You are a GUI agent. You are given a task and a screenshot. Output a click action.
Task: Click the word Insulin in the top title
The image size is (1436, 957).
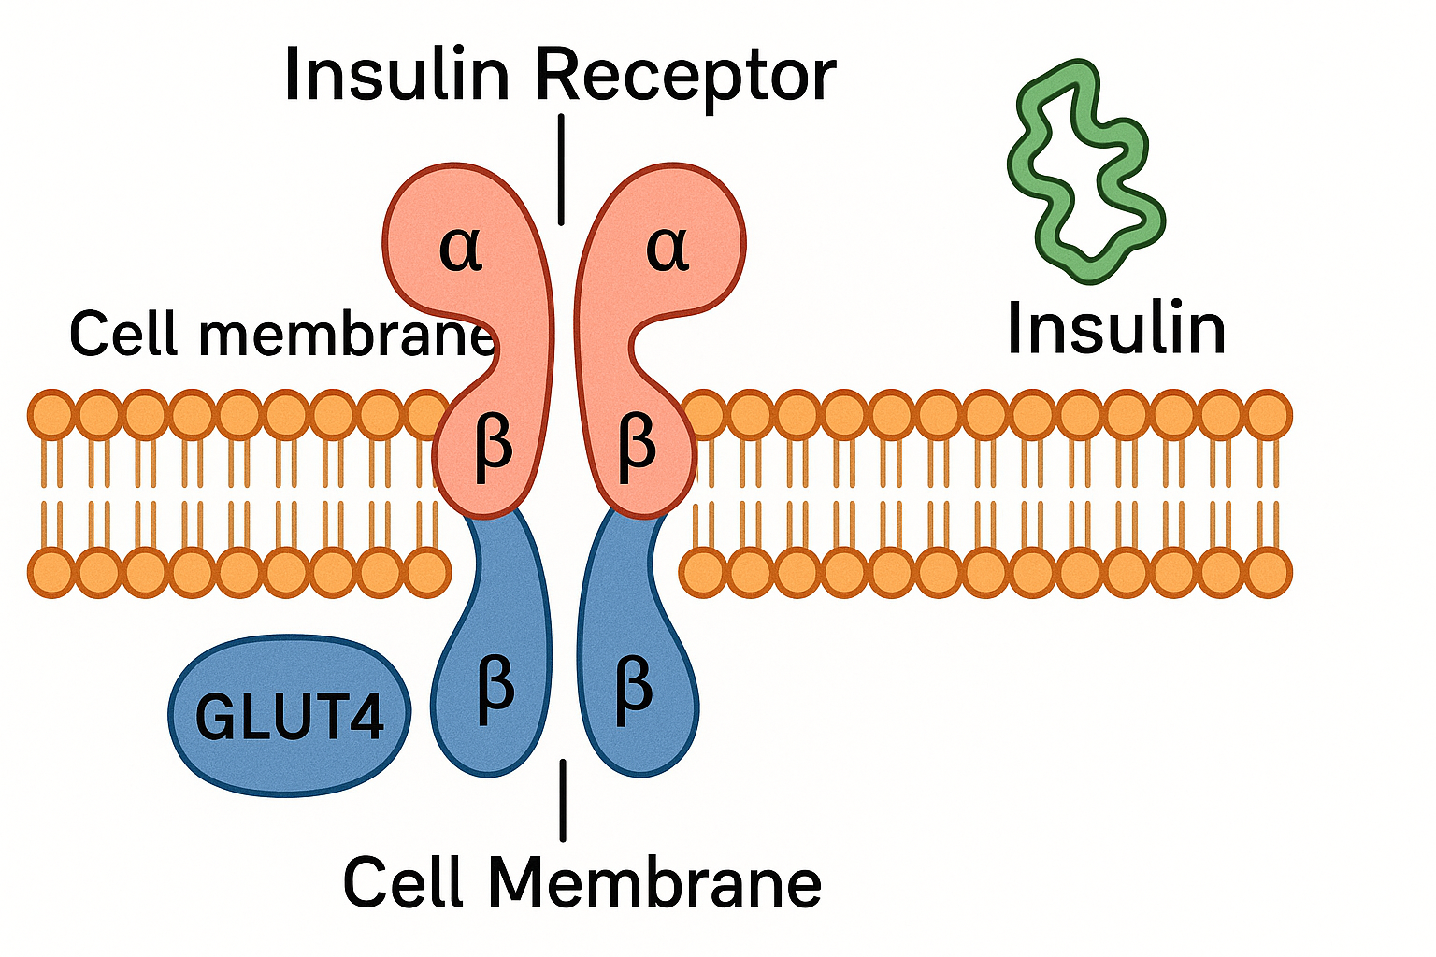pyautogui.click(x=396, y=75)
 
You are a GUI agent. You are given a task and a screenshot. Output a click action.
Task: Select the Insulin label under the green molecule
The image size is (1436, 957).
pyautogui.click(x=1116, y=329)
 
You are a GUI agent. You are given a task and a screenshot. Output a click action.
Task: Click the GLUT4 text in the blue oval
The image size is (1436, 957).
pyautogui.click(x=290, y=718)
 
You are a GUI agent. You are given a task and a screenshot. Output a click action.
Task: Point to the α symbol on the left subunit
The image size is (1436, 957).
pyautogui.click(x=462, y=248)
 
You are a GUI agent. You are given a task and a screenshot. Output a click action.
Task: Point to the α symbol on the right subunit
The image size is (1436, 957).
pyautogui.click(x=668, y=248)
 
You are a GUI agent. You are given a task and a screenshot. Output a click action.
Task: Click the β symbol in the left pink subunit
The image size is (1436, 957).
pyautogui.click(x=493, y=446)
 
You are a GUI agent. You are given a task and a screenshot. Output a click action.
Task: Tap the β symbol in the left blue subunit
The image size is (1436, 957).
pyautogui.click(x=495, y=689)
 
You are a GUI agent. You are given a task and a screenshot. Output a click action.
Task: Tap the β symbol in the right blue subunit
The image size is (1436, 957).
pyautogui.click(x=633, y=689)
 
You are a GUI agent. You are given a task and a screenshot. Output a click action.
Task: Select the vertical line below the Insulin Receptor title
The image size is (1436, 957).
pyautogui.click(x=561, y=169)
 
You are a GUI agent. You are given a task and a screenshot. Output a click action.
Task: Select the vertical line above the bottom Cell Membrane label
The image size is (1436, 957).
pyautogui.click(x=563, y=800)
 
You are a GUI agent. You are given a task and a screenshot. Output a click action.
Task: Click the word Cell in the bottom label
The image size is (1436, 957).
pyautogui.click(x=404, y=882)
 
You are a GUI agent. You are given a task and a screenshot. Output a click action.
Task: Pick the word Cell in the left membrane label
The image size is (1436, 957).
pyautogui.click(x=125, y=334)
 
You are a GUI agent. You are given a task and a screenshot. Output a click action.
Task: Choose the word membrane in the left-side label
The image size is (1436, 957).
pyautogui.click(x=346, y=334)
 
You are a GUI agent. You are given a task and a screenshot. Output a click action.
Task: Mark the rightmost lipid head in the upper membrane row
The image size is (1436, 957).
pyautogui.click(x=1268, y=415)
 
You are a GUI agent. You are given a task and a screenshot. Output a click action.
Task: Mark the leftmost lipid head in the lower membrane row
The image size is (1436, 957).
pyautogui.click(x=52, y=573)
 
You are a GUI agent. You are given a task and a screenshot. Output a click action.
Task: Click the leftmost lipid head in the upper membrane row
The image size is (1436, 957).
pyautogui.click(x=52, y=415)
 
